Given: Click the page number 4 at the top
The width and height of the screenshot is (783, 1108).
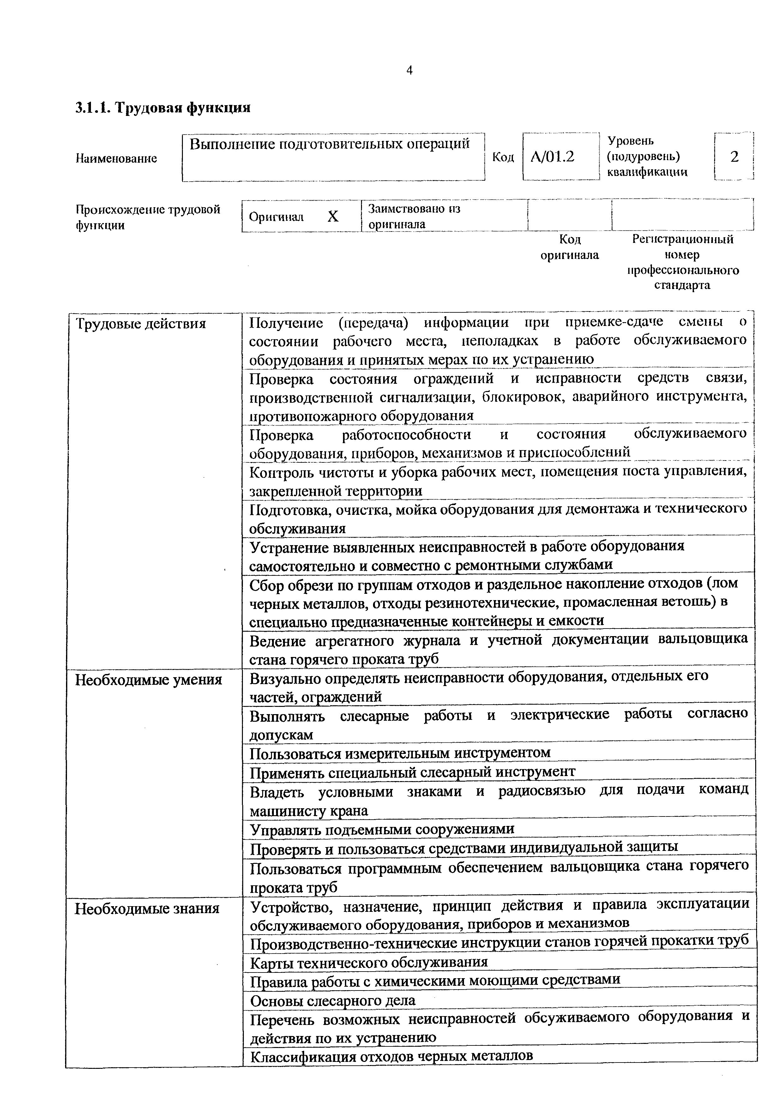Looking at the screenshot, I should point(409,71).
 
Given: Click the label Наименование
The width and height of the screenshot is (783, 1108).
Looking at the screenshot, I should point(116,158).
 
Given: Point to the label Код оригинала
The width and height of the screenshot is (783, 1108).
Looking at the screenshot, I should point(569,247).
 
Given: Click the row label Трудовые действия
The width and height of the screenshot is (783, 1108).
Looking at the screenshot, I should point(141,323).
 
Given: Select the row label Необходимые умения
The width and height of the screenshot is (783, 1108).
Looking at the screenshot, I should point(148,680).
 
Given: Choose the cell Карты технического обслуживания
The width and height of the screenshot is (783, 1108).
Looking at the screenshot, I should point(369,962).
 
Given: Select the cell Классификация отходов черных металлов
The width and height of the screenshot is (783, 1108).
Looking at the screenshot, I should point(391,1057).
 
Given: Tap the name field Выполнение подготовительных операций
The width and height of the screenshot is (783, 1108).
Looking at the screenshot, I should point(329,144).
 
